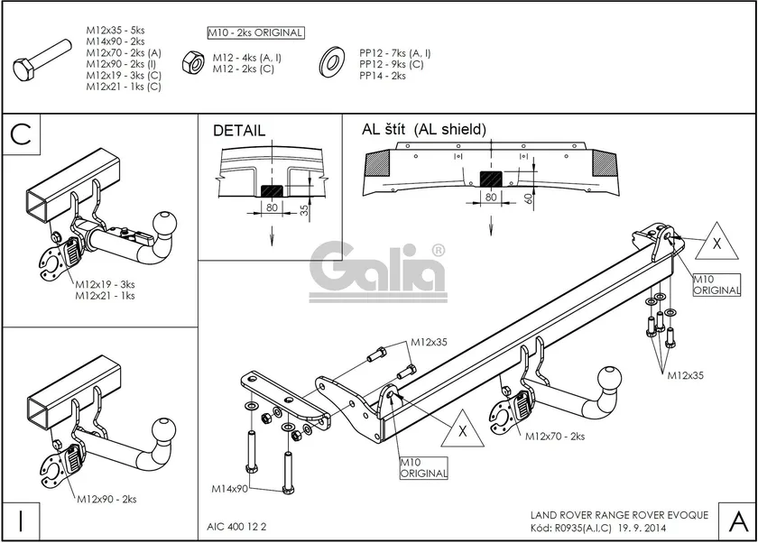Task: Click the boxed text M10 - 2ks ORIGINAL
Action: click(255, 33)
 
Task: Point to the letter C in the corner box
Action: click(23, 134)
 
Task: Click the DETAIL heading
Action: click(239, 131)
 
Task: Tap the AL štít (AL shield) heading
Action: click(424, 129)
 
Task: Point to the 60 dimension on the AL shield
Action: click(526, 197)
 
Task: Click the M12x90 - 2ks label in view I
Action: click(106, 499)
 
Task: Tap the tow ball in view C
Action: click(167, 222)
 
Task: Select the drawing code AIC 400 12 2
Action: click(231, 523)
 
